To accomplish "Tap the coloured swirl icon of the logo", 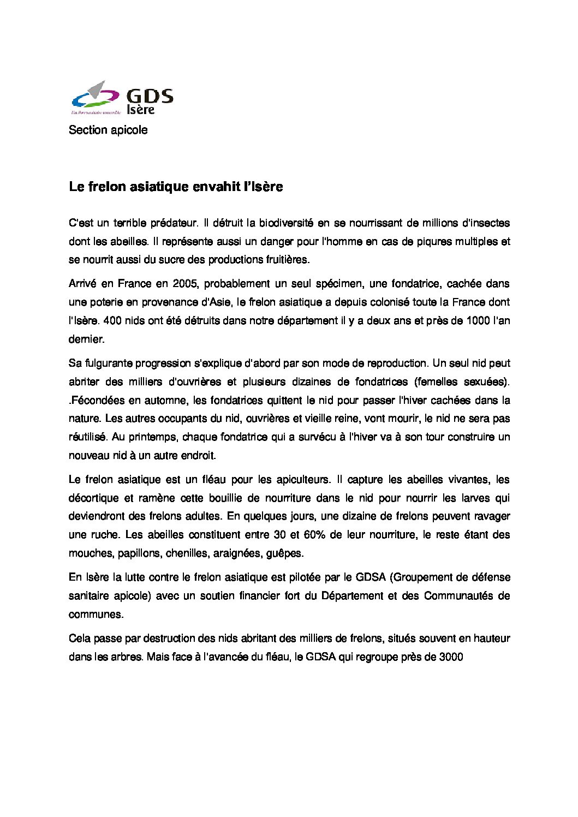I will (x=94, y=96).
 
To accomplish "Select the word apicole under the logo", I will (x=129, y=130).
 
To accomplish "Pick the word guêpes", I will (x=284, y=553).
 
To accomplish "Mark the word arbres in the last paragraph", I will (x=127, y=657).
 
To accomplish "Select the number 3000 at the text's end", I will (x=450, y=657).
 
